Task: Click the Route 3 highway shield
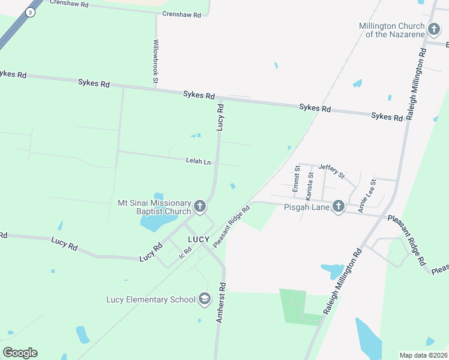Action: (30, 11)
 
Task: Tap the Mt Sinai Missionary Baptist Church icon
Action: (200, 208)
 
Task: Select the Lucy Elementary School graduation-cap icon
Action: (205, 299)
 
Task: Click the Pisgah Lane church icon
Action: (339, 206)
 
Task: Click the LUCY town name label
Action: (198, 239)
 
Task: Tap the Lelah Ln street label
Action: (199, 161)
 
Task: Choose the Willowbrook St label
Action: (155, 61)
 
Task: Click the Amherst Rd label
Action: (220, 303)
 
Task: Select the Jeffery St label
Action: (331, 172)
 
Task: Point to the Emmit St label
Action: (296, 179)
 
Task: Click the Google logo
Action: (20, 353)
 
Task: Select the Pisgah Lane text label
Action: (307, 206)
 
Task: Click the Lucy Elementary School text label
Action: (151, 299)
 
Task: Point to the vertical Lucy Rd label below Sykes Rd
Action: (220, 118)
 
